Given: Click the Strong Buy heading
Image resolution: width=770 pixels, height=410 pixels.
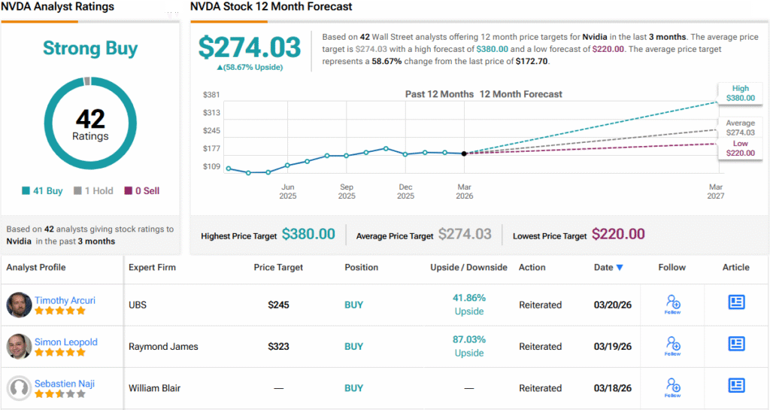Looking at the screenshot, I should [90, 49].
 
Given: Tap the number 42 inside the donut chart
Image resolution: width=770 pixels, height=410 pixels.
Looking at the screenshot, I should [90, 119].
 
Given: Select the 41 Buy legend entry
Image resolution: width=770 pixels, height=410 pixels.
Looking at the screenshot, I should [43, 191].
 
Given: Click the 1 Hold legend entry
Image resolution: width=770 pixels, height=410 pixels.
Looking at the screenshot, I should [93, 191].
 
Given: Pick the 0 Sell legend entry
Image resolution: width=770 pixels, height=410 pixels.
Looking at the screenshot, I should [141, 191].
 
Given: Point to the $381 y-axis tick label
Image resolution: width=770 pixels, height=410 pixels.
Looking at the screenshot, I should [211, 95].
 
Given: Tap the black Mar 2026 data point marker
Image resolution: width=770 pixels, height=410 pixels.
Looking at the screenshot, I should [464, 153].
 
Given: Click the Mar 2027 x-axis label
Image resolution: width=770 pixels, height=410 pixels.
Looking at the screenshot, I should [715, 192].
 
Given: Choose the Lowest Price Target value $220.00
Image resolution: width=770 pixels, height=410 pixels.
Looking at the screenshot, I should [618, 235].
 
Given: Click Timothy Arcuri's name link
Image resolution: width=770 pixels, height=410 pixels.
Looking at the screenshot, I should [65, 300].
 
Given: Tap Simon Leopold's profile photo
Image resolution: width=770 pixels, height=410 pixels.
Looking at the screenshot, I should [19, 346].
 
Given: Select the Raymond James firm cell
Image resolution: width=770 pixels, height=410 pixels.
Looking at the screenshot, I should [163, 347].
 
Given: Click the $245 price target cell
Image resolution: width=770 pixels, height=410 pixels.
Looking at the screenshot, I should [278, 305].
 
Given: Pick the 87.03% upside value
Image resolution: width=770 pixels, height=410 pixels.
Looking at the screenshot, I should [469, 340].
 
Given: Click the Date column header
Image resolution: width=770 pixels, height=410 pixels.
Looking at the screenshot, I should [608, 267].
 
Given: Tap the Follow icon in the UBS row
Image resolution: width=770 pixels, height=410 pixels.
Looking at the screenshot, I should [673, 304].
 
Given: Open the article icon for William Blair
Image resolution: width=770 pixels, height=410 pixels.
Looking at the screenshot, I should [736, 385].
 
